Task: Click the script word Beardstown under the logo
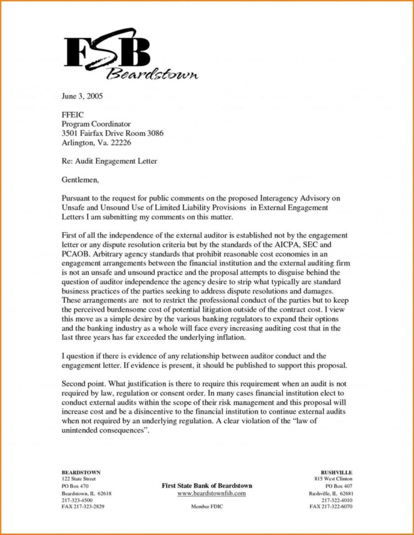click(152, 74)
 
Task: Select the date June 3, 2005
click(82, 96)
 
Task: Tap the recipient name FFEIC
click(72, 115)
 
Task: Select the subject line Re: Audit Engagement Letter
click(109, 161)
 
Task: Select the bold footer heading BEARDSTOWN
click(81, 473)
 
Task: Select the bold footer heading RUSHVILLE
click(336, 473)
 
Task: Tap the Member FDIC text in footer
click(206, 506)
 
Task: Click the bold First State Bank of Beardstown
click(206, 485)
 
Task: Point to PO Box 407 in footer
click(339, 486)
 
